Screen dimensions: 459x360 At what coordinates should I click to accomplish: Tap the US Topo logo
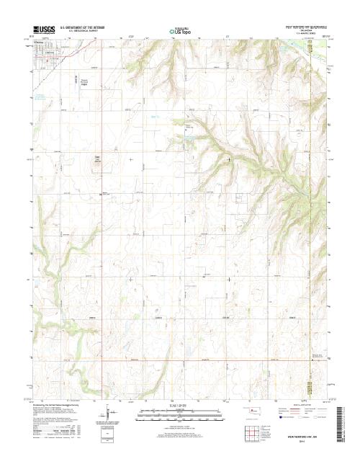179,31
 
